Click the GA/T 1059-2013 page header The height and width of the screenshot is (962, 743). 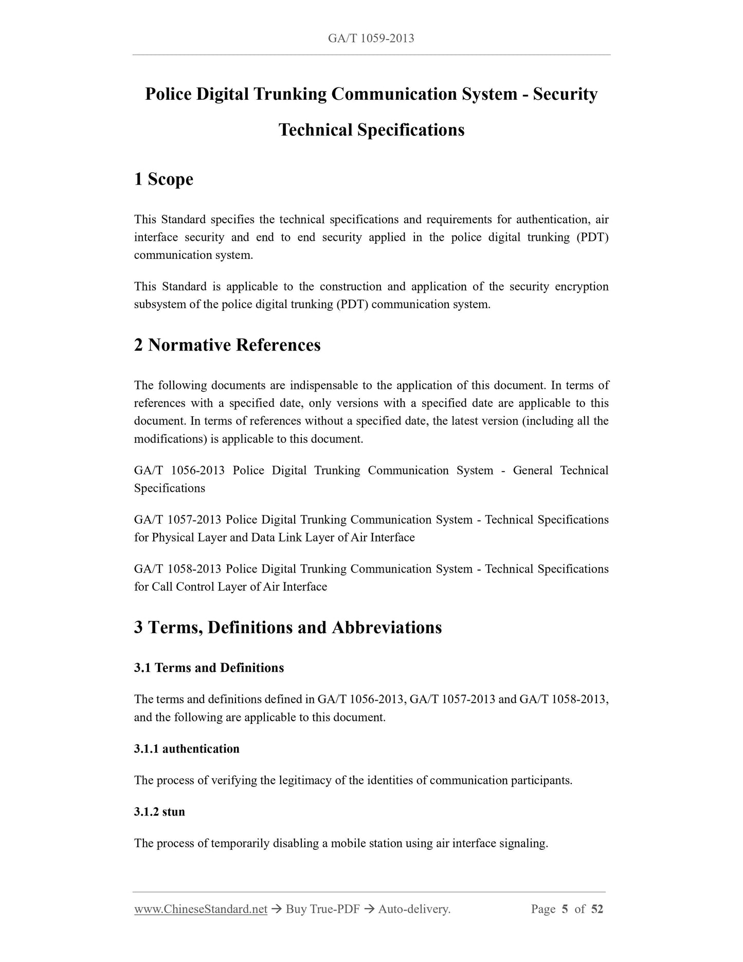coord(371,38)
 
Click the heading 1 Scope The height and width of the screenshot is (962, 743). coord(164,179)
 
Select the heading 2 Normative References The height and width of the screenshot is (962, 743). coord(227,345)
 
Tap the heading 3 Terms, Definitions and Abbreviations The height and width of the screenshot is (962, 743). coord(288,627)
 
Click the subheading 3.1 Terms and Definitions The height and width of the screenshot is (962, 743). coord(209,668)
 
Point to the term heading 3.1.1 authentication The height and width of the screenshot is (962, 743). coord(187,749)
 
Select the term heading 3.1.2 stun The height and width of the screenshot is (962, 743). coord(159,812)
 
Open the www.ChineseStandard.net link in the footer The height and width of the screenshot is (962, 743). coord(201,909)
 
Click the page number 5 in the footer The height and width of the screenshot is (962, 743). coord(565,909)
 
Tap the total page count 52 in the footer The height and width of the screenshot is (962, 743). coord(597,909)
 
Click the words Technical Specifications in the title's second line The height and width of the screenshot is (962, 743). coord(371,130)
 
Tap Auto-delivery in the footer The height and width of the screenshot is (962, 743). coord(414,909)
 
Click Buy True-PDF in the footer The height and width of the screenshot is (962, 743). coord(322,909)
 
